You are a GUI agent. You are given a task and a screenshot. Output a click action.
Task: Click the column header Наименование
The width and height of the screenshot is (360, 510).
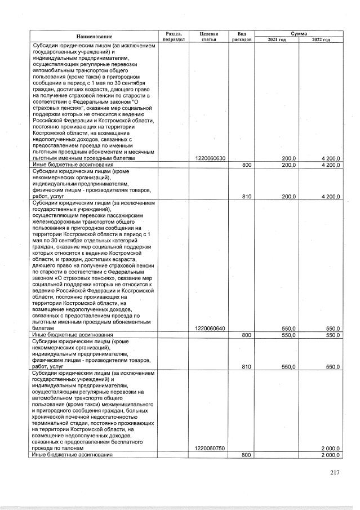(95, 36)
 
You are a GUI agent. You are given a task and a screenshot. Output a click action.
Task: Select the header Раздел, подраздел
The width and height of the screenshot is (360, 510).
(173, 36)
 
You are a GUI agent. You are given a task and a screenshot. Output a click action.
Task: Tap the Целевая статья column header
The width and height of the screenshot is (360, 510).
(209, 36)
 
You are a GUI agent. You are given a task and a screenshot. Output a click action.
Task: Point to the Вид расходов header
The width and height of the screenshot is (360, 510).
(242, 36)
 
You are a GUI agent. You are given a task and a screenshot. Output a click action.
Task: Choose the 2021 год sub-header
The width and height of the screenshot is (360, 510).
(277, 39)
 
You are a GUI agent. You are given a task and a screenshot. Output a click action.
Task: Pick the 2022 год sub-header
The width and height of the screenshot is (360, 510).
(320, 39)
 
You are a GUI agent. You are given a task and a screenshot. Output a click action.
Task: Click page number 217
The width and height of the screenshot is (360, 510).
(335, 473)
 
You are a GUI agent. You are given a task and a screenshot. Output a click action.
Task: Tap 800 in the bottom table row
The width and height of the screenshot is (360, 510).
(246, 454)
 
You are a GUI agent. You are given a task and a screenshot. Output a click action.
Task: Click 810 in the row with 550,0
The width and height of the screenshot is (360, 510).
(246, 366)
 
